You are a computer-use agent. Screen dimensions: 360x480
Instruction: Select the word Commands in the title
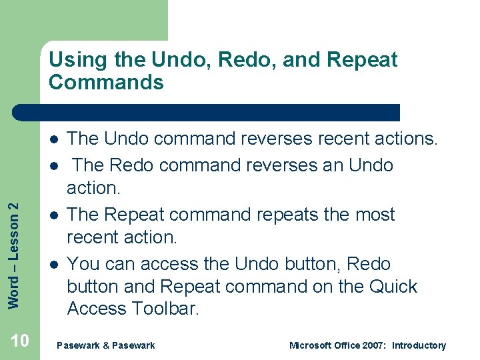[106, 83]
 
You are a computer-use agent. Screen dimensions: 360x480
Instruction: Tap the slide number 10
[20, 341]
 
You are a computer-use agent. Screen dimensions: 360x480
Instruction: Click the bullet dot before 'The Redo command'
[52, 165]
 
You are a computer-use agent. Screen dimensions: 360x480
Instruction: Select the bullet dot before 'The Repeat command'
[52, 215]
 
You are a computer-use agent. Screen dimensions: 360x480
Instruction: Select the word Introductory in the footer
[419, 345]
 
